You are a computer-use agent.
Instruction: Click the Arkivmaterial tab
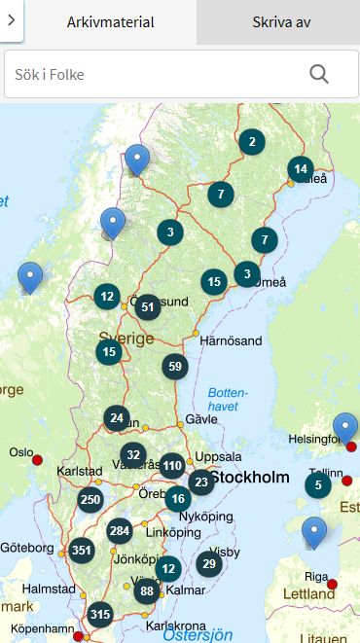110,21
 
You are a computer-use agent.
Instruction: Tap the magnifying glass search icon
319,74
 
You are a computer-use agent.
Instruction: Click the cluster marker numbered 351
82,551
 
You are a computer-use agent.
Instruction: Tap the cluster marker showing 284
120,531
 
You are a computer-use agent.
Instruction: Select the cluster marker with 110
172,465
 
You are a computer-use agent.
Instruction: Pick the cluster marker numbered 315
99,615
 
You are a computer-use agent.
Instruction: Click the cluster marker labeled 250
90,500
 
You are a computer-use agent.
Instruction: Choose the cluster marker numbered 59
175,367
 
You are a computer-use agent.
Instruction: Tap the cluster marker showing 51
148,307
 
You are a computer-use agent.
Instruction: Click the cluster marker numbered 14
301,169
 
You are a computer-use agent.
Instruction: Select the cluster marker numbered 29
208,563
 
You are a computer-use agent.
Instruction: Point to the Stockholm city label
249,478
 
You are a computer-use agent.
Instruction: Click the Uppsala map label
218,455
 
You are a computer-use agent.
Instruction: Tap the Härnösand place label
230,341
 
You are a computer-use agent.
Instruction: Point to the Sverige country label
126,339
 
